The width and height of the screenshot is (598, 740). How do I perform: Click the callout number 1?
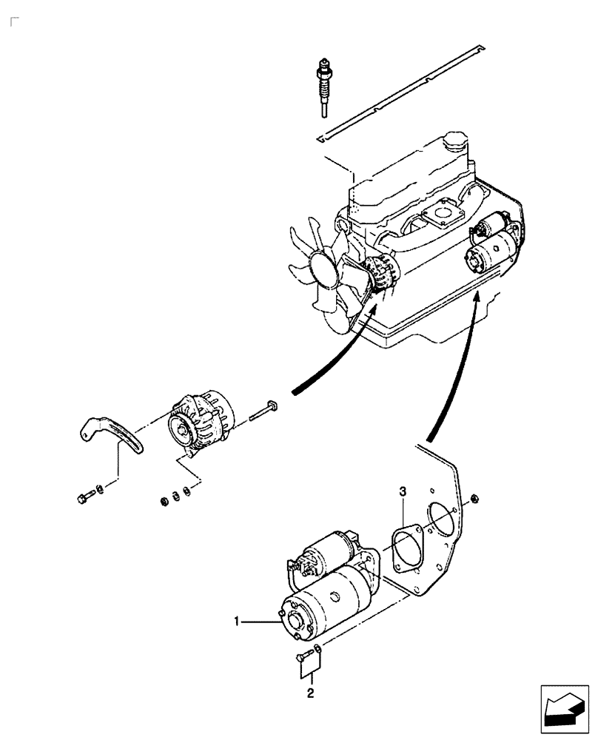coord(237,623)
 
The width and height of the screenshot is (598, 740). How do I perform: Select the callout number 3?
coord(402,491)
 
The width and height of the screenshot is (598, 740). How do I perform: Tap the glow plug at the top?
coord(323,85)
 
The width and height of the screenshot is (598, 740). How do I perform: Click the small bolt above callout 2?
coord(304,656)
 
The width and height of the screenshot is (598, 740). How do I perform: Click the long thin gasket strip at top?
coord(400,92)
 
